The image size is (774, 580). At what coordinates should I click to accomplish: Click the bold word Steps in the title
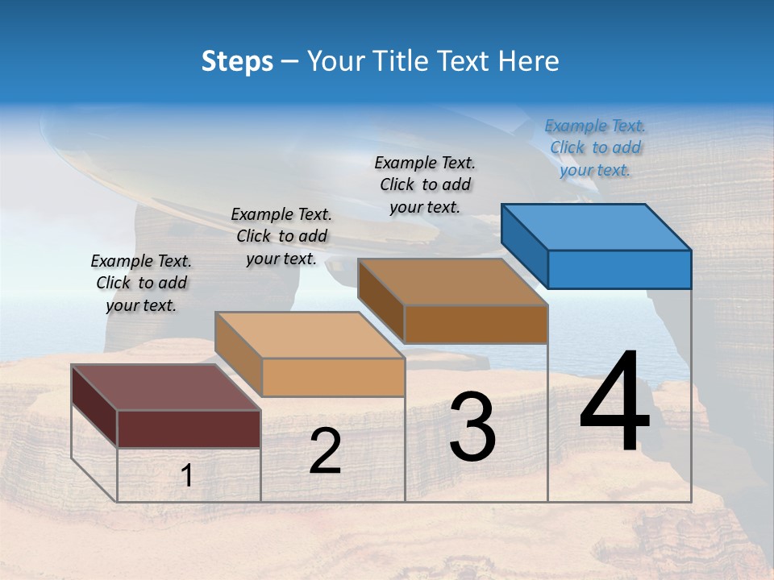tap(237, 61)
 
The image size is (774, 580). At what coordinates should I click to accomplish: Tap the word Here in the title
tap(528, 61)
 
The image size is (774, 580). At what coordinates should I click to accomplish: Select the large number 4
tap(614, 403)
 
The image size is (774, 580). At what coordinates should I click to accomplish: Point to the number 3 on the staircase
tap(472, 427)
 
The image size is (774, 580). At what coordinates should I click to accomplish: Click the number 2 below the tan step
tap(325, 451)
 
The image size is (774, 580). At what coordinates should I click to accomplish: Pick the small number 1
tap(187, 476)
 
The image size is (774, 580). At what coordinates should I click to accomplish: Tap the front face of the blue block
tap(619, 269)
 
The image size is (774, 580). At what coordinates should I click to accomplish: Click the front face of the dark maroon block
tap(189, 429)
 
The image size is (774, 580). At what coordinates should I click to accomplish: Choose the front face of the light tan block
tap(333, 377)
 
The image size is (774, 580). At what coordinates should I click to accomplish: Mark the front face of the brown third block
tap(476, 324)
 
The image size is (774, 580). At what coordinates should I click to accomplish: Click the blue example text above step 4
tap(595, 147)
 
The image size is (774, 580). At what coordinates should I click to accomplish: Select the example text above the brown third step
tap(425, 184)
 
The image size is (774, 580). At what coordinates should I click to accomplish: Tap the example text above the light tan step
tap(281, 236)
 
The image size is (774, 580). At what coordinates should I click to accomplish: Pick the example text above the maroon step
tap(141, 283)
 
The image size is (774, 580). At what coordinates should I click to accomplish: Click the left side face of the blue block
tap(524, 245)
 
